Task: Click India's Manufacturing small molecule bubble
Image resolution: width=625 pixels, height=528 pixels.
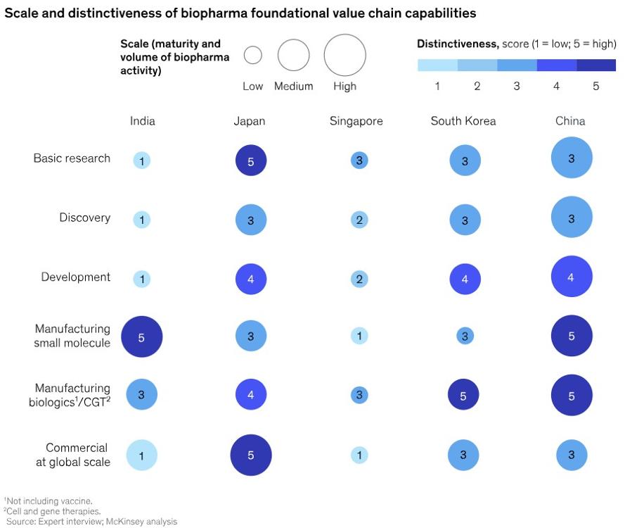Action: (x=142, y=337)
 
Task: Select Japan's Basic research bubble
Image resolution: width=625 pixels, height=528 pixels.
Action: (x=250, y=161)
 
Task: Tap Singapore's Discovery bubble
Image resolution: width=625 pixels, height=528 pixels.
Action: (x=359, y=220)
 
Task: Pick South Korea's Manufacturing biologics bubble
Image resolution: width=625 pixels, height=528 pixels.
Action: (x=463, y=396)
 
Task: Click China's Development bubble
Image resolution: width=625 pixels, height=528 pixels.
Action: (x=572, y=277)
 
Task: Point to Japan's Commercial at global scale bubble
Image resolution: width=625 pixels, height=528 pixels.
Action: (x=251, y=455)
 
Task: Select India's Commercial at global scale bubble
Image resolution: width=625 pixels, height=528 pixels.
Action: (x=142, y=455)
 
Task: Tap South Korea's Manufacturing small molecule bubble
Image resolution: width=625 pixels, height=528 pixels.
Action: (x=464, y=337)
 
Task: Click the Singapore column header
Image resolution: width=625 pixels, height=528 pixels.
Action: (x=356, y=121)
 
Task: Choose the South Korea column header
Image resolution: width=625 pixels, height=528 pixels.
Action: (x=463, y=121)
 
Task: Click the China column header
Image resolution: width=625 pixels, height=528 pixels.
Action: (x=570, y=121)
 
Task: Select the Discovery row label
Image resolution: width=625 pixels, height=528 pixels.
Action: (x=84, y=218)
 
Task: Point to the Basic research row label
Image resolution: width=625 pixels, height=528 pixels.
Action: (x=72, y=158)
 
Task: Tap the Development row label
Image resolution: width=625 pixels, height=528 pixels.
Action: (x=75, y=277)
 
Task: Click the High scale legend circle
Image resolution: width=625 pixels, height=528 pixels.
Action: (x=344, y=55)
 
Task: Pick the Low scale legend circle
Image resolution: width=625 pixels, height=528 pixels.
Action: (x=252, y=55)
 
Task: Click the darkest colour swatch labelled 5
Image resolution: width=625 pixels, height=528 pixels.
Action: (x=596, y=65)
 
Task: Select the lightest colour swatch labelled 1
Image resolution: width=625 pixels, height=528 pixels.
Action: (x=437, y=65)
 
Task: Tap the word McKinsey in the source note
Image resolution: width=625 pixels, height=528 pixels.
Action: (x=120, y=522)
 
